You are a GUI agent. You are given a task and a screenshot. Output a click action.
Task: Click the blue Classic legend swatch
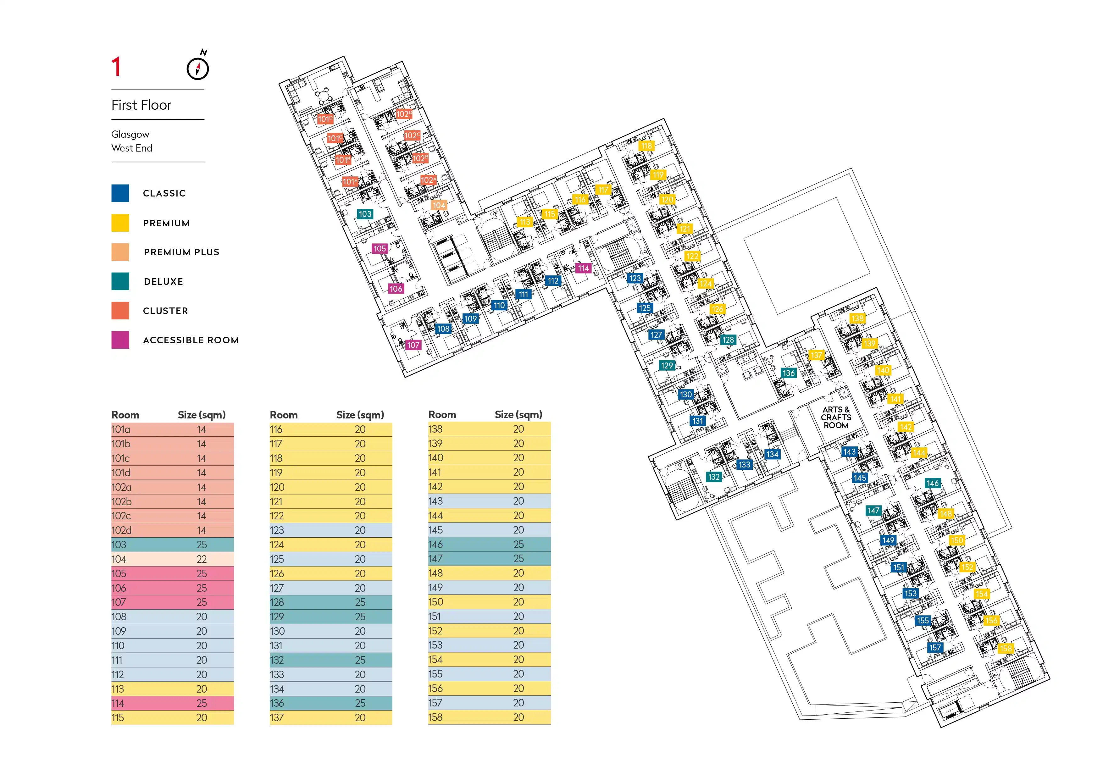[x=120, y=193]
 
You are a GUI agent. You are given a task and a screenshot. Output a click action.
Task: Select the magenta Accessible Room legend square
[x=120, y=340]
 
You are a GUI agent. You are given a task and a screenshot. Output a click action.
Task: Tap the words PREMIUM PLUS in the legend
[x=182, y=252]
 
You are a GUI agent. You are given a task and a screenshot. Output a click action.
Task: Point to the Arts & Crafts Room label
[x=836, y=418]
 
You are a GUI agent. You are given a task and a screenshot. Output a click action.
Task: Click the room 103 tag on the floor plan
[x=365, y=214]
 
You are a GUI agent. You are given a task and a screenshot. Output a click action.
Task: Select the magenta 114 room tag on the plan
[x=584, y=268]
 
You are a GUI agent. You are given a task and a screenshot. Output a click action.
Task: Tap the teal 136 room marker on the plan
[x=788, y=373]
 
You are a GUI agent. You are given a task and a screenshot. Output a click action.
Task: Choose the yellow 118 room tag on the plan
[x=647, y=146]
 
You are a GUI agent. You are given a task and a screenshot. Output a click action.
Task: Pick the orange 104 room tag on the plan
[x=439, y=205]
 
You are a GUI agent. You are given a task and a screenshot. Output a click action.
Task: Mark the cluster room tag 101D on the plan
[x=325, y=119]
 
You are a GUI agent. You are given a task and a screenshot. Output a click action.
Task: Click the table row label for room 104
[x=119, y=559]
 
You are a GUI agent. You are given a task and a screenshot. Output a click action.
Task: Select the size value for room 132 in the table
[x=360, y=660]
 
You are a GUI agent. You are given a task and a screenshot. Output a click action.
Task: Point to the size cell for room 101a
[x=202, y=429]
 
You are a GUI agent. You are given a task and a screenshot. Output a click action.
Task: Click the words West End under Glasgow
[x=132, y=148]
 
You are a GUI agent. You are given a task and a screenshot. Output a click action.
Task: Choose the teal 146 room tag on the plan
[x=933, y=483]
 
